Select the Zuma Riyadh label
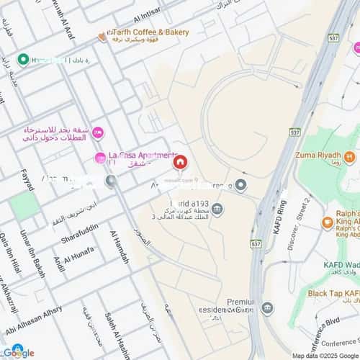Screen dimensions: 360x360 pyautogui.click(x=317, y=155)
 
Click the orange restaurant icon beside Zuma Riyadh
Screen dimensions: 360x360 pyautogui.click(x=350, y=156)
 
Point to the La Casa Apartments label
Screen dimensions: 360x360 pyautogui.click(x=143, y=155)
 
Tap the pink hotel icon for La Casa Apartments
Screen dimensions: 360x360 pyautogui.click(x=101, y=158)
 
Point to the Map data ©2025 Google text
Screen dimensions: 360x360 pyautogui.click(x=323, y=356)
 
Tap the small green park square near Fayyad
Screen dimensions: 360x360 pyautogui.click(x=24, y=207)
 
